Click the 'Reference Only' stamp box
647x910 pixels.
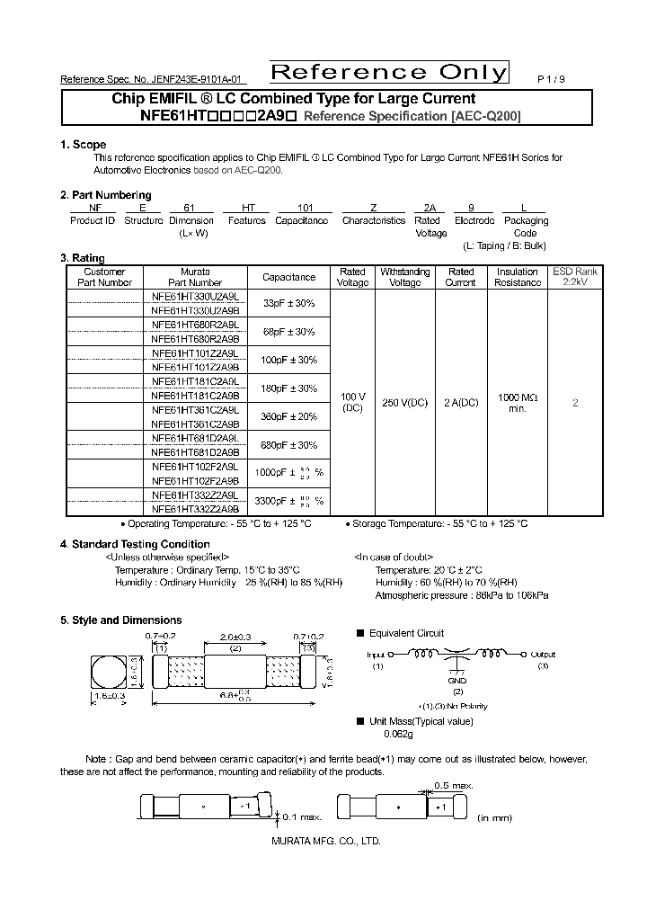point(389,73)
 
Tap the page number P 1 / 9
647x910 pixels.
point(551,79)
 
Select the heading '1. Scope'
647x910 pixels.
point(83,145)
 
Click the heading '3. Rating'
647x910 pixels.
point(84,258)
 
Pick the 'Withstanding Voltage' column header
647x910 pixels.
point(404,277)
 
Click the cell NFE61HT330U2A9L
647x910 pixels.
point(195,296)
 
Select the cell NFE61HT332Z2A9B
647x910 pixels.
point(195,508)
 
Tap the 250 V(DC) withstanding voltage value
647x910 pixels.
point(404,403)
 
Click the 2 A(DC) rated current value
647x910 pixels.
point(461,403)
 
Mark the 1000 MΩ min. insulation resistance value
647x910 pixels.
point(517,403)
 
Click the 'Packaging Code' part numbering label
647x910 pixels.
point(526,227)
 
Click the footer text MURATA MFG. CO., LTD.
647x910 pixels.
point(325,841)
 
